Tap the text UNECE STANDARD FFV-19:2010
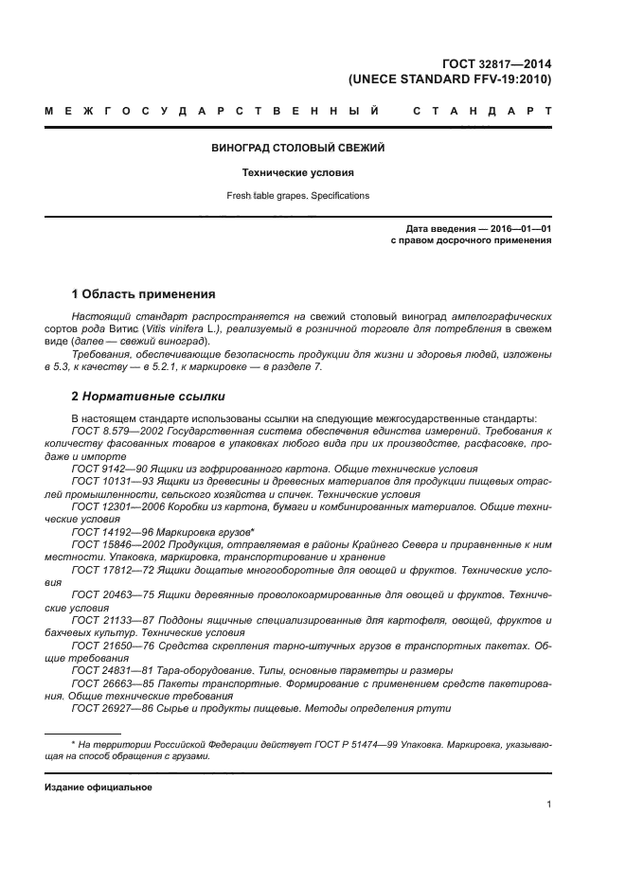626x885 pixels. tap(450, 80)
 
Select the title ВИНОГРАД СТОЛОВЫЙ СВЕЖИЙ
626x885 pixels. tap(297, 149)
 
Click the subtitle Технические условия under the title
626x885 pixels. tap(297, 173)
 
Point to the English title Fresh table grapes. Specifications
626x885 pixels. tap(297, 196)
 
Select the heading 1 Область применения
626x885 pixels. tap(144, 294)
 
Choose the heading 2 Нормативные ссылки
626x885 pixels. tap(149, 397)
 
